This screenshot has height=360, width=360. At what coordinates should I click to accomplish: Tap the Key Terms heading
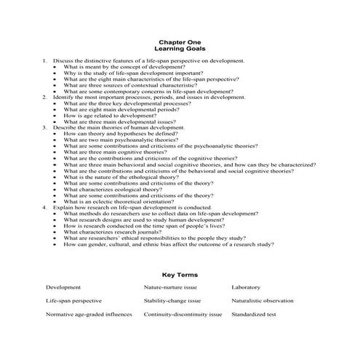pos(180,275)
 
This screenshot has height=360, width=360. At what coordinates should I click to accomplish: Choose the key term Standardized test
pos(254,315)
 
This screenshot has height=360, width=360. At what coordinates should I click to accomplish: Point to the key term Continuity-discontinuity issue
pos(183,315)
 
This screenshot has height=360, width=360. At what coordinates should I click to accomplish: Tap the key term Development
pos(63,287)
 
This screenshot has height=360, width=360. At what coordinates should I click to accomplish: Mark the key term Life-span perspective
pos(73,300)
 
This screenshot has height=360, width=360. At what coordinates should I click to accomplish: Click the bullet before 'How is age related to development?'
pos(55,115)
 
